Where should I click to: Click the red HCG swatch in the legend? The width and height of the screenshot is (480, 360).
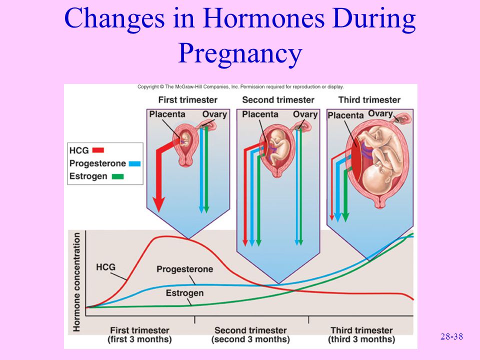pyautogui.click(x=98, y=150)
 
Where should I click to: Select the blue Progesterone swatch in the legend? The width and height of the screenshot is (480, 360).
pyautogui.click(x=134, y=163)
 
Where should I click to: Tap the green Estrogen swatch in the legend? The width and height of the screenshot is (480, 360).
pyautogui.click(x=117, y=176)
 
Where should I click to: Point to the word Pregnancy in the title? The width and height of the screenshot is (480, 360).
pyautogui.click(x=240, y=52)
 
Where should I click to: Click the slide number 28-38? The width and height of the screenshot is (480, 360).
pyautogui.click(x=452, y=336)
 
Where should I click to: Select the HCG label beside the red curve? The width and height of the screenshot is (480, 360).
pyautogui.click(x=105, y=267)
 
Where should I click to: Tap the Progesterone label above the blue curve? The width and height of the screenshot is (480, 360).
pyautogui.click(x=185, y=269)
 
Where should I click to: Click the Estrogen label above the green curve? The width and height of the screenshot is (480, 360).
pyautogui.click(x=184, y=293)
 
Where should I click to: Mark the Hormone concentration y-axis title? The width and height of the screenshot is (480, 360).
pyautogui.click(x=76, y=282)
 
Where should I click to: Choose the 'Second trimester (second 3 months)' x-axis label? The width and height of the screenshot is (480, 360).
pyautogui.click(x=250, y=334)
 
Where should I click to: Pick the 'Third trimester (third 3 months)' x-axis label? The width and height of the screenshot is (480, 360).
pyautogui.click(x=361, y=334)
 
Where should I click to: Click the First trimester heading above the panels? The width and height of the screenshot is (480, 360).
pyautogui.click(x=187, y=100)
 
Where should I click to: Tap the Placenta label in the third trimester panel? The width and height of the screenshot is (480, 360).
pyautogui.click(x=345, y=115)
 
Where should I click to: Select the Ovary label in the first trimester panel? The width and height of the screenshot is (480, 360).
pyautogui.click(x=214, y=114)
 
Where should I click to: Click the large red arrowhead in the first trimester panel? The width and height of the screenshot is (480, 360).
pyautogui.click(x=159, y=204)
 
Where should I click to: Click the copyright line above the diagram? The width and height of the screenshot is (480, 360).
pyautogui.click(x=240, y=86)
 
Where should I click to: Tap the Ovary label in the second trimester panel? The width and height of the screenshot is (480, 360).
pyautogui.click(x=305, y=114)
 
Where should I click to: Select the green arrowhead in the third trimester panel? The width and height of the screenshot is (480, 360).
pyautogui.click(x=345, y=217)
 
